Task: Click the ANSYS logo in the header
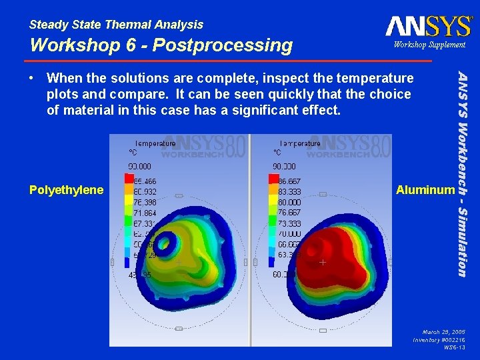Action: (x=428, y=26)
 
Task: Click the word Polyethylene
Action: (x=67, y=190)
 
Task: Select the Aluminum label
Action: (x=425, y=190)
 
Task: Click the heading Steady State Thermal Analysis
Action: (x=117, y=25)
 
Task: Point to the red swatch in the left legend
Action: (x=129, y=179)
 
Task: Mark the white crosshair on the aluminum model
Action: (x=322, y=263)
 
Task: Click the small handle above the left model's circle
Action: (x=179, y=197)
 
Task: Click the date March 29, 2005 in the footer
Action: (x=443, y=331)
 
